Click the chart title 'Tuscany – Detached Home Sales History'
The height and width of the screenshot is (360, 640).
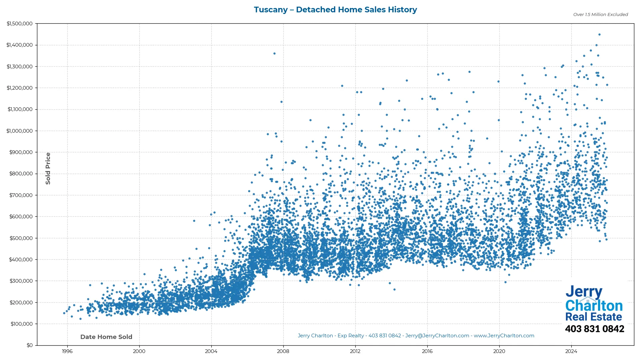[335, 10]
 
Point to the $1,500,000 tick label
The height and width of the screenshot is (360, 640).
[19, 24]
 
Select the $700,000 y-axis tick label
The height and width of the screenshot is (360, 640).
[21, 195]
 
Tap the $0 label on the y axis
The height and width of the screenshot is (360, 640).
[30, 345]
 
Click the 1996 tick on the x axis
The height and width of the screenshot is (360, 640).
[67, 351]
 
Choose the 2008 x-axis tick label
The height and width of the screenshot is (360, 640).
[283, 351]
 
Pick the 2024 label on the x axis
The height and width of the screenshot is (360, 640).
[571, 351]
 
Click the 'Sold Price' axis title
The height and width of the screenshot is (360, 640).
[48, 168]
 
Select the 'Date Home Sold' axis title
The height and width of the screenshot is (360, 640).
[106, 337]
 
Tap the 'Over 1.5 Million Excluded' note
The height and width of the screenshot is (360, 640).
[600, 15]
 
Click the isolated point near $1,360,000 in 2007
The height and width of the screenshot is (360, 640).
[274, 53]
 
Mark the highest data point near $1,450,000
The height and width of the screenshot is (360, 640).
[599, 34]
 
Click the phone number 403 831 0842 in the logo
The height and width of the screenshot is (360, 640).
[594, 329]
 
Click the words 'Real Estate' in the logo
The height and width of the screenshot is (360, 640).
[594, 317]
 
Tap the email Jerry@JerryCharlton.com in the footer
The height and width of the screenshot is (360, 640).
[437, 336]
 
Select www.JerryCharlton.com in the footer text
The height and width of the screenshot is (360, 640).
[504, 336]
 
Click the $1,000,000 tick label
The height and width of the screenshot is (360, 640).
[19, 131]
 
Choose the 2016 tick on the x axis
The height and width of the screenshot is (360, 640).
[427, 351]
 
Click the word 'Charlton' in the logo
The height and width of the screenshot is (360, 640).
[594, 306]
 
